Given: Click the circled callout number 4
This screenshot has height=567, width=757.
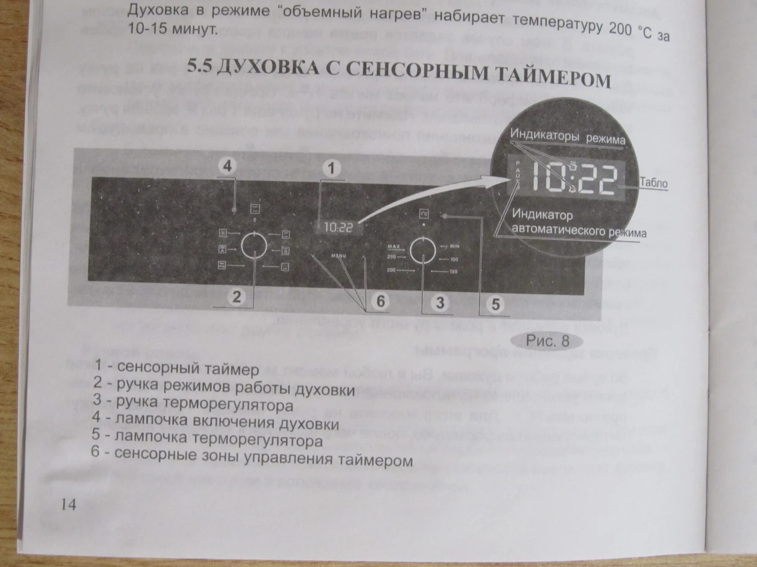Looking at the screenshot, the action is pyautogui.click(x=227, y=166).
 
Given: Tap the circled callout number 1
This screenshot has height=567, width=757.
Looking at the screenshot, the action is pyautogui.click(x=331, y=168).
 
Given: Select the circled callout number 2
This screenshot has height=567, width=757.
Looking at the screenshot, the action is pyautogui.click(x=237, y=296).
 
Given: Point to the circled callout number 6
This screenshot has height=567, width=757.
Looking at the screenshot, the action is pyautogui.click(x=380, y=301).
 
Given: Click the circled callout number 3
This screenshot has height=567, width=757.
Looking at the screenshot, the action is pyautogui.click(x=439, y=303).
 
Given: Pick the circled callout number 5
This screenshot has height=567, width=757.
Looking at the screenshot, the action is pyautogui.click(x=495, y=305).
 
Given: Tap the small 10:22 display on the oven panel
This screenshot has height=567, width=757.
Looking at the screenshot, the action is pyautogui.click(x=338, y=227).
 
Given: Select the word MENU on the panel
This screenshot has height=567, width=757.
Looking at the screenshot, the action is pyautogui.click(x=339, y=256).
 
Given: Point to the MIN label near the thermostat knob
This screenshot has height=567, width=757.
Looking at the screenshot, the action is pyautogui.click(x=454, y=246).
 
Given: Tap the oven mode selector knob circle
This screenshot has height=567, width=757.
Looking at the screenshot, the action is pyautogui.click(x=254, y=245).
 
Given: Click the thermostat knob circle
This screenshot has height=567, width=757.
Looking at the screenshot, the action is pyautogui.click(x=423, y=250).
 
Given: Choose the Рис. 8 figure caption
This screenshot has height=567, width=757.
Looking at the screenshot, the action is pyautogui.click(x=547, y=341).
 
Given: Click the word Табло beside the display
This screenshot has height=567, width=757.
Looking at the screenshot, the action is pyautogui.click(x=654, y=183).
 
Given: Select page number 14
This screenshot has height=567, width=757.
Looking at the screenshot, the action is pyautogui.click(x=68, y=504).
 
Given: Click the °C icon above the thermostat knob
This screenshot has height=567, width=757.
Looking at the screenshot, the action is pyautogui.click(x=424, y=214).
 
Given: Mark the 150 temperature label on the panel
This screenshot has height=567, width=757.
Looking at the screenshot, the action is pyautogui.click(x=453, y=272).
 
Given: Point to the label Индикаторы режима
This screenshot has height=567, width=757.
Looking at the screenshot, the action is pyautogui.click(x=567, y=138).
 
